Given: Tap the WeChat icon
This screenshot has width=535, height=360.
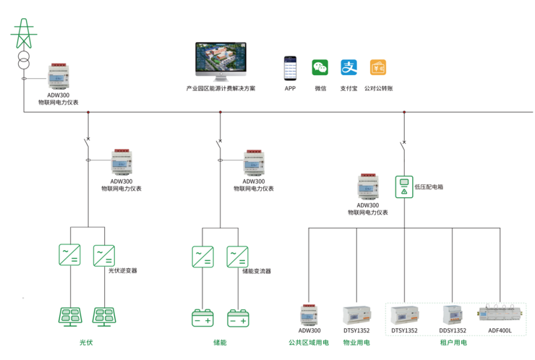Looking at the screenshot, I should click(x=320, y=68).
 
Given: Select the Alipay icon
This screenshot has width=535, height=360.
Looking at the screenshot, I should click(x=349, y=68).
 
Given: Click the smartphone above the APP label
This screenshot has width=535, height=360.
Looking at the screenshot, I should click(x=290, y=68).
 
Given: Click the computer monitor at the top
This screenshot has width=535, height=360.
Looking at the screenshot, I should click(x=220, y=61).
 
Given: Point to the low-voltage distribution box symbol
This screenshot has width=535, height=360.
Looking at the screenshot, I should click(x=403, y=187).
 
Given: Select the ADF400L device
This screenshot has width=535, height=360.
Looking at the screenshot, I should click(x=500, y=315).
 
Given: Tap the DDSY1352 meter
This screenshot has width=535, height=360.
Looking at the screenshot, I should click(x=453, y=314).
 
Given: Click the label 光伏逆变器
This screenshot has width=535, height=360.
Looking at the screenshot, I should click(x=122, y=270).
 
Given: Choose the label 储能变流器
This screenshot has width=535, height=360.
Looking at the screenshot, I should click(x=256, y=270).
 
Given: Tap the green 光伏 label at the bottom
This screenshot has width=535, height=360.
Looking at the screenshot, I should click(x=86, y=343).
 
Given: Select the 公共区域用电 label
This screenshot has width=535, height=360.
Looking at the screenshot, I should click(x=309, y=343).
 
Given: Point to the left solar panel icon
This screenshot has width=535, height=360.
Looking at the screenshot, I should click(x=69, y=316).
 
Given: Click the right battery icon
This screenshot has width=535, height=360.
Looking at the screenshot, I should click(x=238, y=318).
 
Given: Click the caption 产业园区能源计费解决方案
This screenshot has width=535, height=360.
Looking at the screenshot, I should click(x=220, y=88).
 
